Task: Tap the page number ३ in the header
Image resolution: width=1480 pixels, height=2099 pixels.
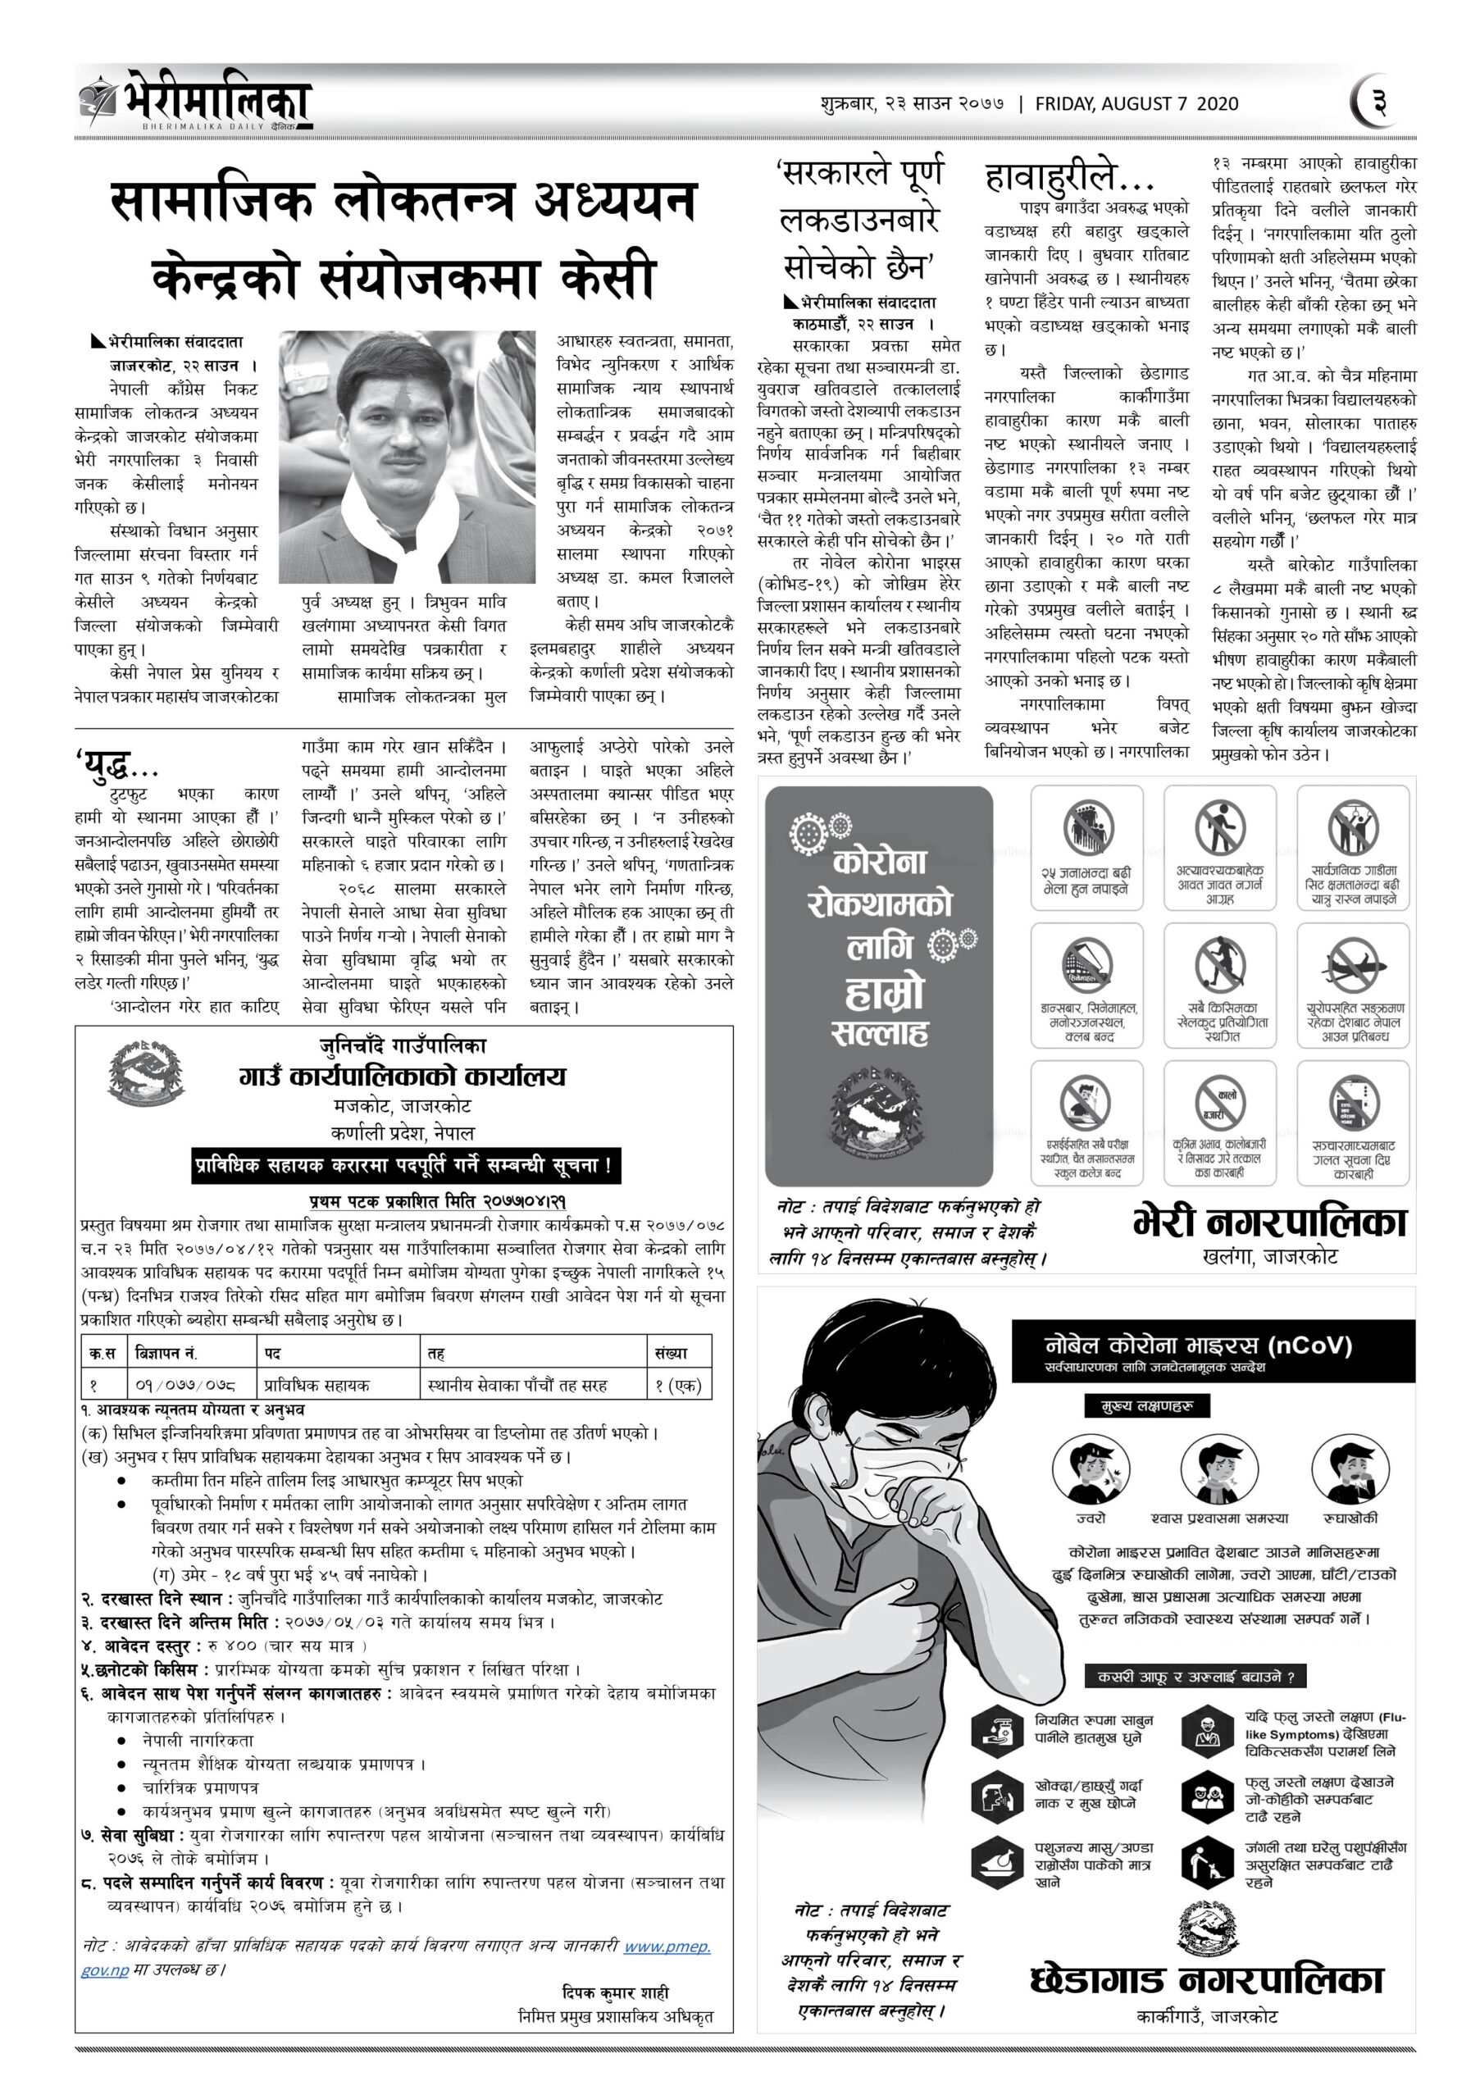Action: click(x=1377, y=102)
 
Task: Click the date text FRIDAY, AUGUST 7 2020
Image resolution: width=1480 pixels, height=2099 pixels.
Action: click(x=1136, y=104)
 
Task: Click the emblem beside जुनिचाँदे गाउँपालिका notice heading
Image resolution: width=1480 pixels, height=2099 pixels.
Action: click(x=143, y=1074)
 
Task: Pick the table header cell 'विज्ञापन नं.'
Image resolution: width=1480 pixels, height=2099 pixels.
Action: click(x=166, y=1352)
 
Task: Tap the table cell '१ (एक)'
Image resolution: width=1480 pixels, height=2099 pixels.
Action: click(x=677, y=1385)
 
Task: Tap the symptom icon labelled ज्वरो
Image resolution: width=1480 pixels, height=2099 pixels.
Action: click(x=1090, y=1468)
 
